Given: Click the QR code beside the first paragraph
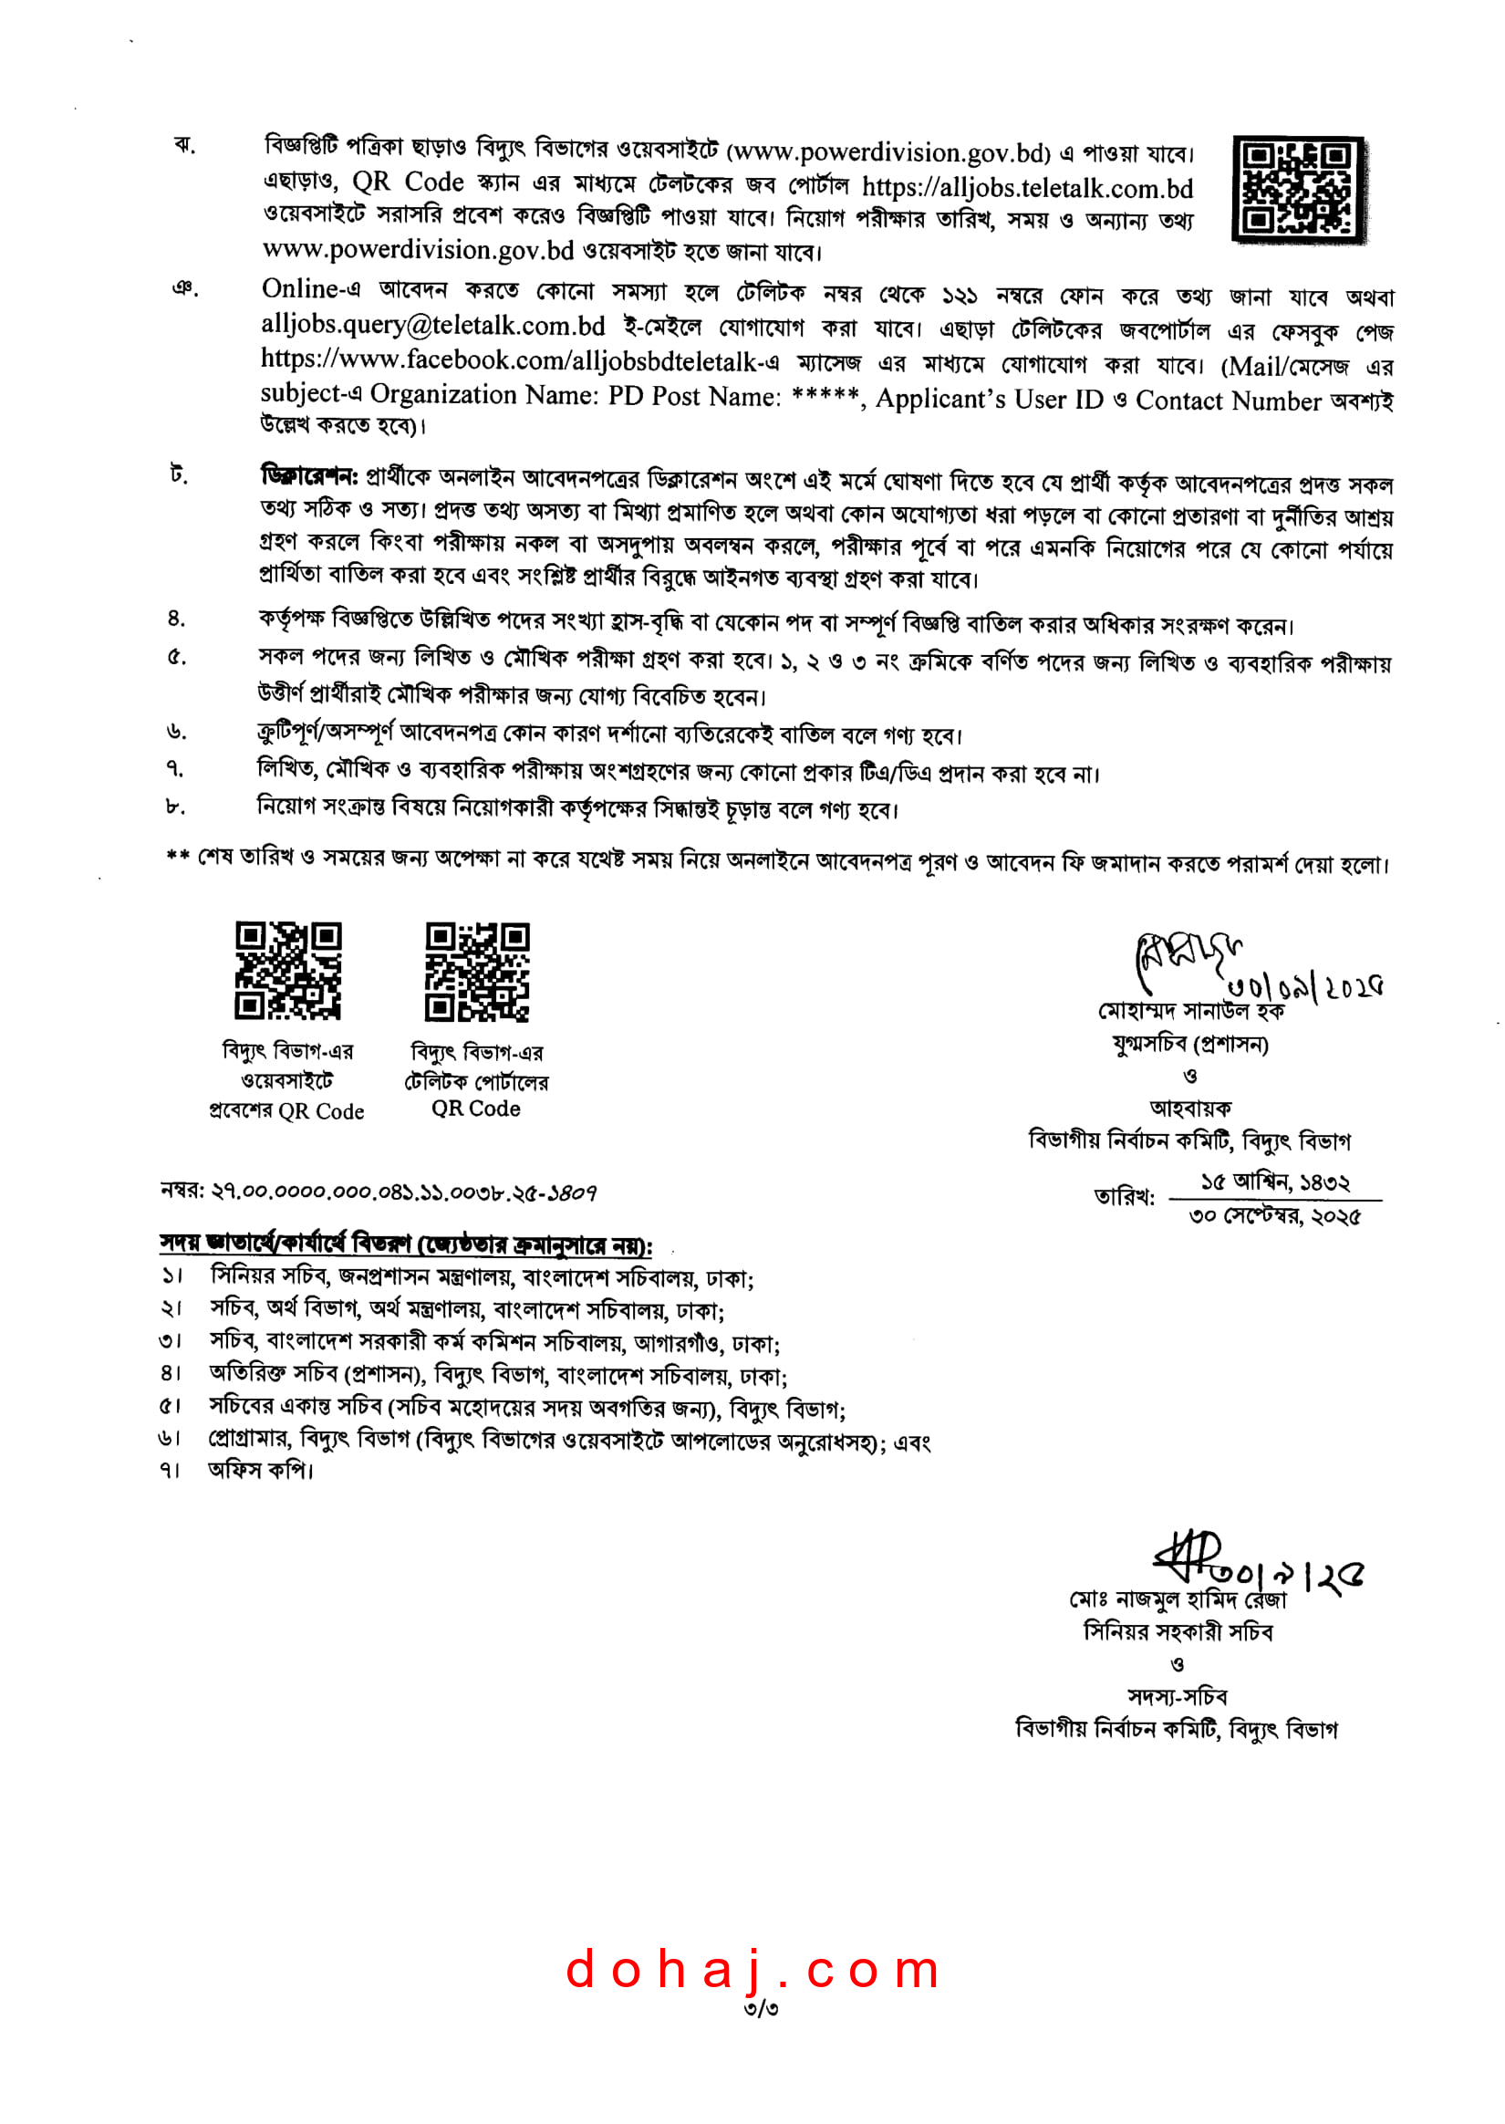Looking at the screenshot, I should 1298,190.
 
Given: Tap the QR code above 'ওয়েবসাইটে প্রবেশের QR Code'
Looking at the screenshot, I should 287,970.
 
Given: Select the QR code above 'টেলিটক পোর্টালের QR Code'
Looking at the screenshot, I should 476,971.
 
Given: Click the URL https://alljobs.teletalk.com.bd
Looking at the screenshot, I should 1027,188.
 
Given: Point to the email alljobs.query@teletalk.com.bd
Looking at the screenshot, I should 432,326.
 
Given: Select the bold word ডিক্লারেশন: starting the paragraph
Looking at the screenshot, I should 308,477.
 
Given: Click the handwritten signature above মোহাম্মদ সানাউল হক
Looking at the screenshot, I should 1186,958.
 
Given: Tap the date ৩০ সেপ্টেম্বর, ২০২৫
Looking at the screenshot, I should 1274,1216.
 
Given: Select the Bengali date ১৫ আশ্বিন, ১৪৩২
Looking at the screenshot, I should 1275,1182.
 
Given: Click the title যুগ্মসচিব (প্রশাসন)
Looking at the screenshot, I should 1190,1045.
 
